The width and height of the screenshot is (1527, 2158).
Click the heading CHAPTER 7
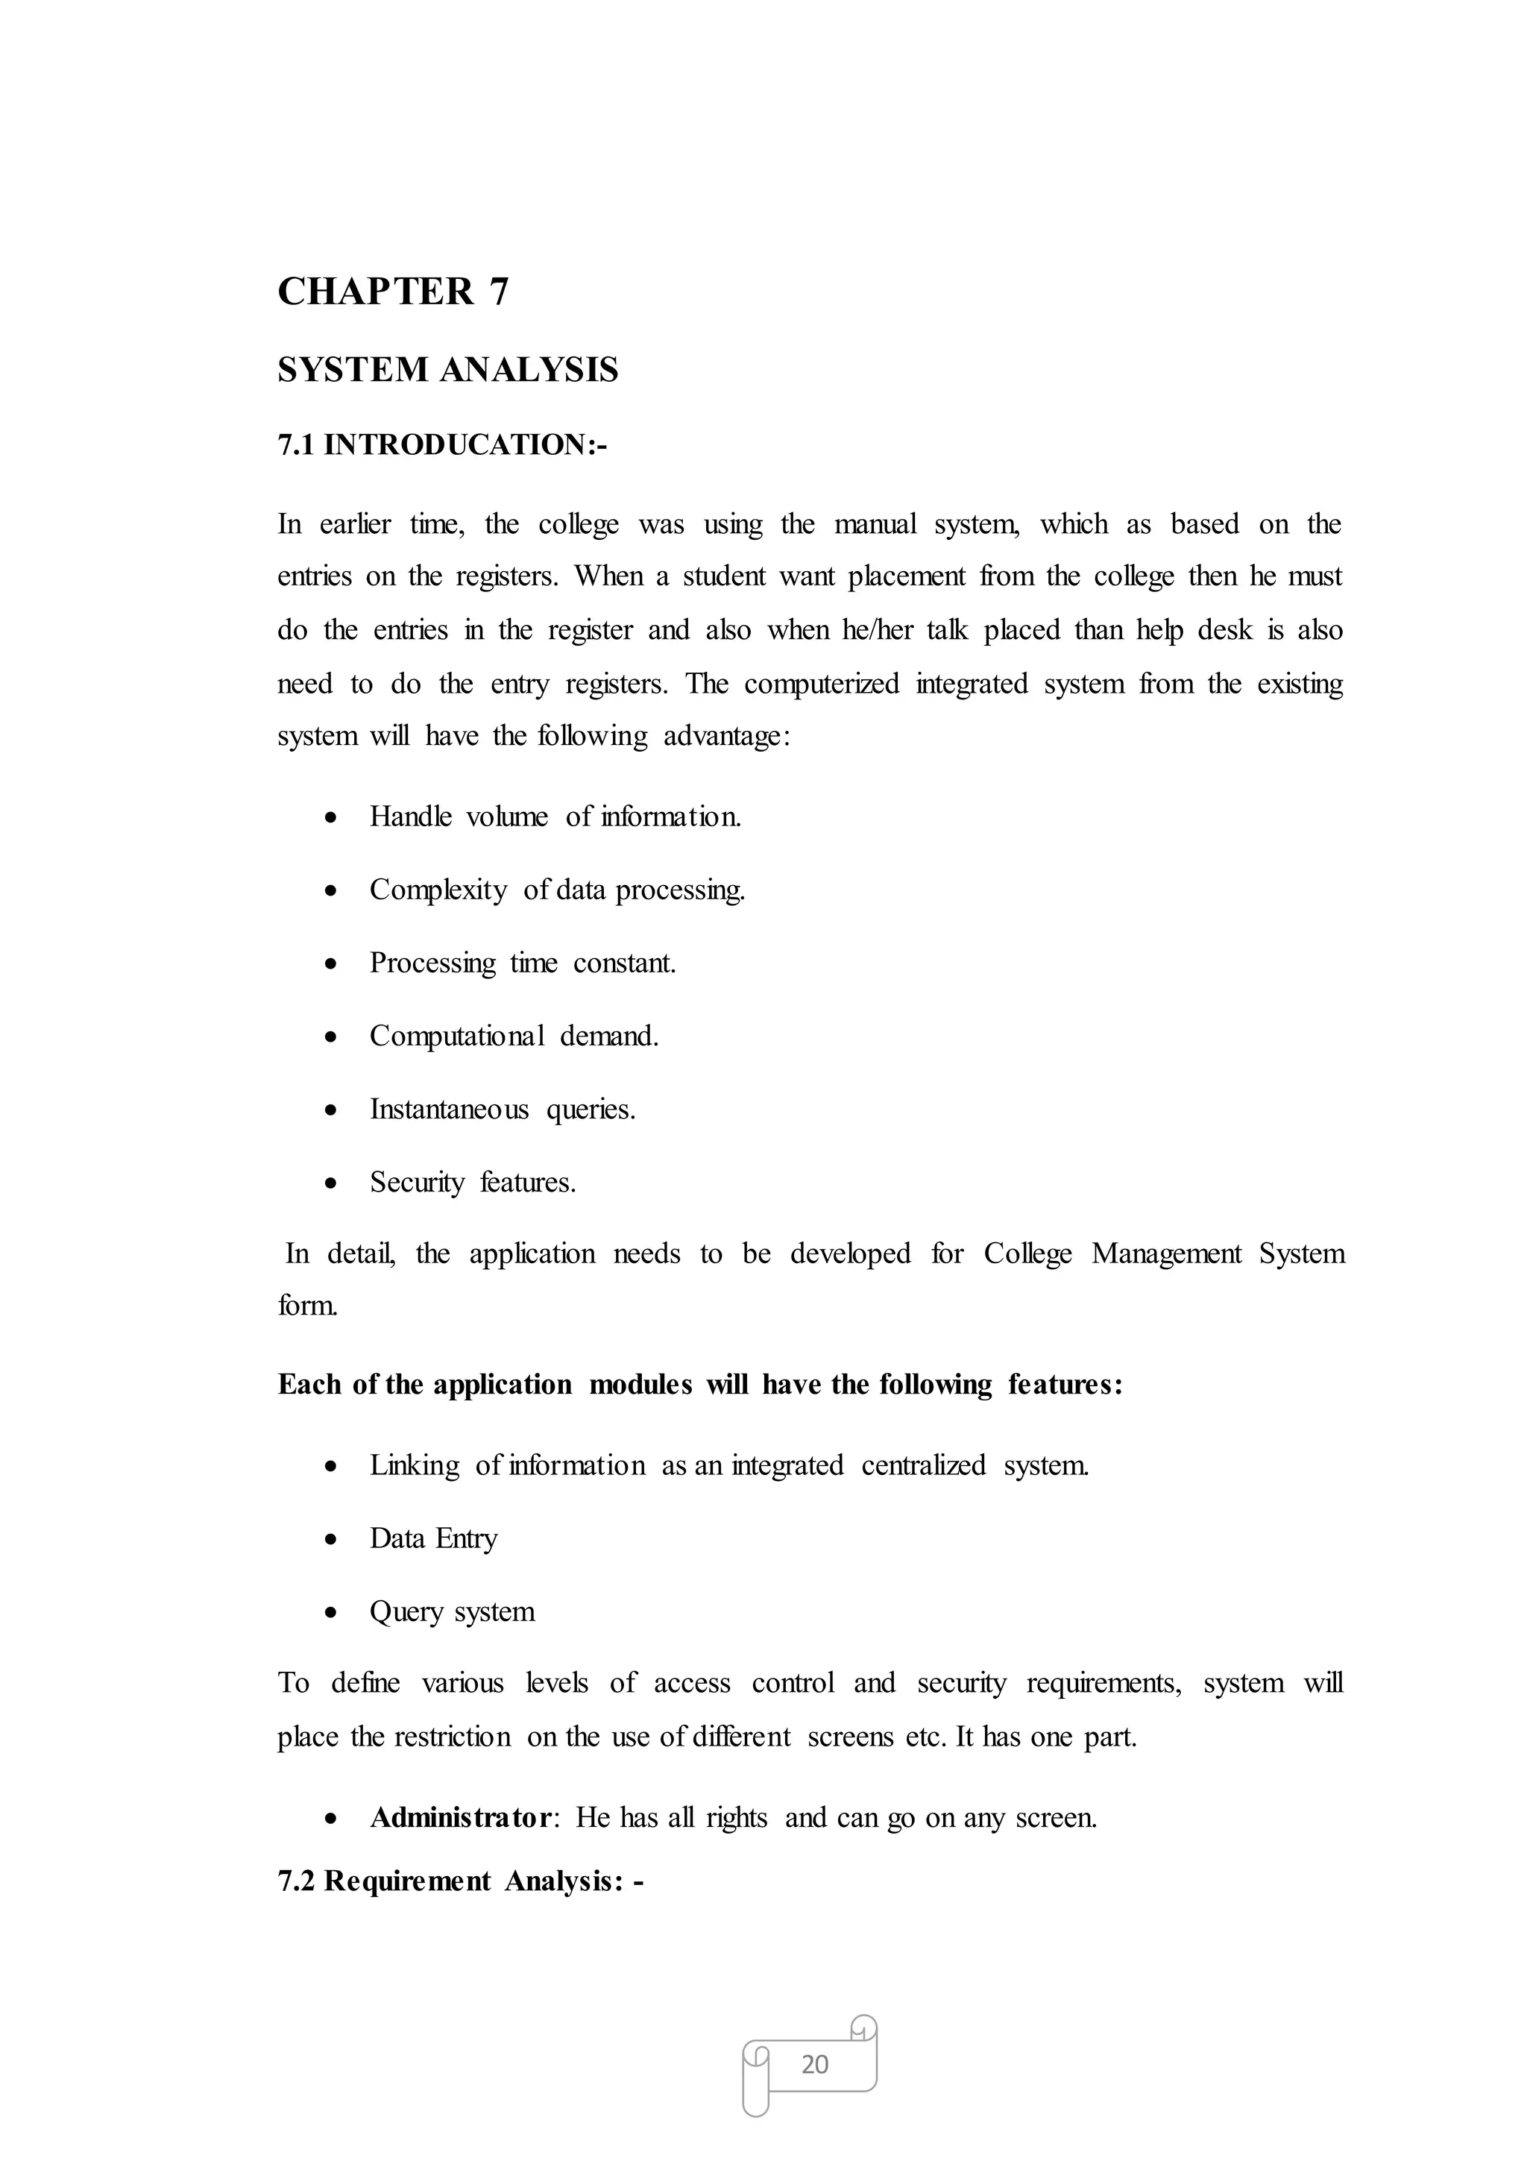pos(392,292)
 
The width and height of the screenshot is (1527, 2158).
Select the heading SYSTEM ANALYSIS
pos(447,370)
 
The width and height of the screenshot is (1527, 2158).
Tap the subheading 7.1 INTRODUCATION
pos(442,444)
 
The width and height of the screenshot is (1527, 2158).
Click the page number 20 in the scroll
pos(814,2064)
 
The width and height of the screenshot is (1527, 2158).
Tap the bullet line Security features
pos(472,1182)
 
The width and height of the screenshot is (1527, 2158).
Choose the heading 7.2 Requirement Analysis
pos(460,1881)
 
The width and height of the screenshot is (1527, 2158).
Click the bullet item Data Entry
pos(432,1538)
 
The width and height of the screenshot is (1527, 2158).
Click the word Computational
pos(456,1036)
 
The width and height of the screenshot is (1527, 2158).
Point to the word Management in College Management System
pos(1166,1253)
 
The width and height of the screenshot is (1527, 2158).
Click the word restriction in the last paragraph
pos(453,1737)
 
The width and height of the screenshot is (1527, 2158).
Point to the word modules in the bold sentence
pos(640,1384)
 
